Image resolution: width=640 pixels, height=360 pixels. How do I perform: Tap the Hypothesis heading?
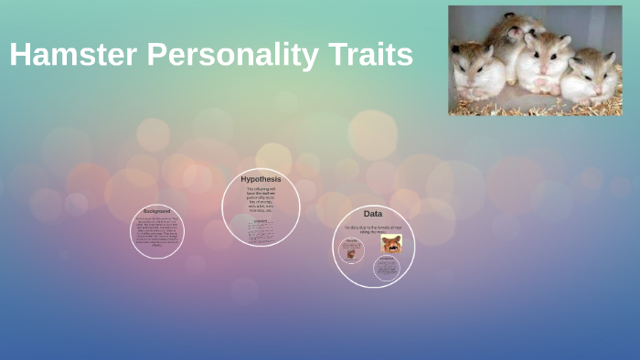coord(261,179)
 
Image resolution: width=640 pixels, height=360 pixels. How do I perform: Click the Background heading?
coord(157,211)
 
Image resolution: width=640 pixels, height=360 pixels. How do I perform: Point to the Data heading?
coord(373,214)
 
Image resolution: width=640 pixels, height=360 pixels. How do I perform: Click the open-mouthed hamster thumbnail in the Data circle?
coord(391,243)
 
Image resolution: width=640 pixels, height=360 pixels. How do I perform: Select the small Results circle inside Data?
coord(350,250)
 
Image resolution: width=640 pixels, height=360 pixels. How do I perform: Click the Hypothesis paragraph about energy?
coord(261,200)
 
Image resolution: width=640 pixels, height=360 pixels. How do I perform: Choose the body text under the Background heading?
coord(157,232)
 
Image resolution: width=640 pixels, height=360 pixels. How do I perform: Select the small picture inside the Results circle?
coord(350,252)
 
